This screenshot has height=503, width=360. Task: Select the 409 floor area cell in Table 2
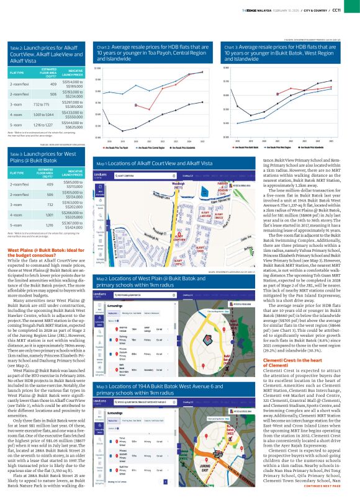coord(53,84)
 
